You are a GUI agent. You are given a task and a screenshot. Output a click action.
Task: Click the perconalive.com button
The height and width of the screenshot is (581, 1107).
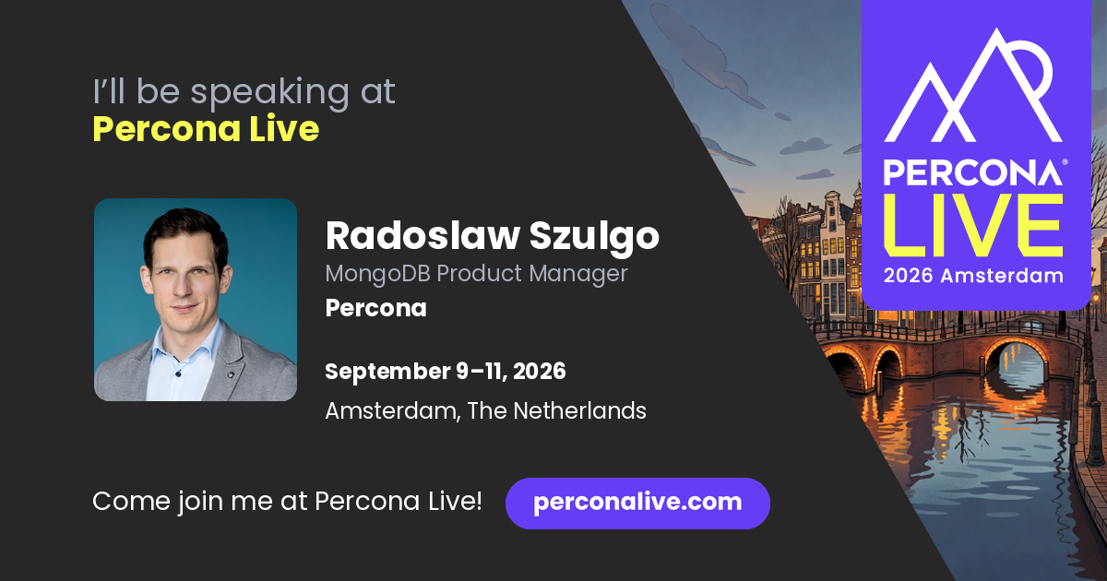[x=637, y=503]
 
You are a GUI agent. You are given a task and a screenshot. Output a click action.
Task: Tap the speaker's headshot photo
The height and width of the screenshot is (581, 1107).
[x=196, y=300]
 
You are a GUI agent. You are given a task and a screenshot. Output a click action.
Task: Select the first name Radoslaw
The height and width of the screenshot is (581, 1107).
[x=423, y=236]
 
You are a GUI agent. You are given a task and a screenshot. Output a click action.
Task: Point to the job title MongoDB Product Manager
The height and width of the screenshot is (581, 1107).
[x=476, y=274]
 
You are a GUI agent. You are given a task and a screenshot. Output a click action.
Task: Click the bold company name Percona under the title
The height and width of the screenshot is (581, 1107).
[x=375, y=308]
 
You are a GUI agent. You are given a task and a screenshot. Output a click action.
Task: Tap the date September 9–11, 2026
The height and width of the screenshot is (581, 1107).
[x=446, y=371]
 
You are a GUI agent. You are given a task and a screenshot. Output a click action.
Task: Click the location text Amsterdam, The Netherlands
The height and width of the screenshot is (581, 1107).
[x=485, y=410]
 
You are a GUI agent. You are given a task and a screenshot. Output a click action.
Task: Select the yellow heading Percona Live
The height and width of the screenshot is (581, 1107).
[x=206, y=128]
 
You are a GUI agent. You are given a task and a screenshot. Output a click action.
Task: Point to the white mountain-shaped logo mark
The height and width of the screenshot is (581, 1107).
[x=973, y=85]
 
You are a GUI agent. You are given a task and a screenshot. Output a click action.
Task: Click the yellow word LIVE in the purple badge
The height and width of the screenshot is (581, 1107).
[x=973, y=225]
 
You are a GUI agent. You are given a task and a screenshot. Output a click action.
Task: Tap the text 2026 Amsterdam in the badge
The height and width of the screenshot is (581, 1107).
[x=973, y=276]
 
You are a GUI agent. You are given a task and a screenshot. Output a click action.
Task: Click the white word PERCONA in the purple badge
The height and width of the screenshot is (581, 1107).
[x=972, y=172]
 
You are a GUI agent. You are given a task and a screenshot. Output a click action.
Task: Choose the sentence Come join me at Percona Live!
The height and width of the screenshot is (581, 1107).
[x=287, y=502]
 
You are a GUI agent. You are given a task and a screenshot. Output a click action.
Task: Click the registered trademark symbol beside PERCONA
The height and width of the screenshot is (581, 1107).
[x=1065, y=161]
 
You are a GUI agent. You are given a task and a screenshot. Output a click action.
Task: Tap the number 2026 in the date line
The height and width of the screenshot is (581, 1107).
[x=539, y=371]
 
